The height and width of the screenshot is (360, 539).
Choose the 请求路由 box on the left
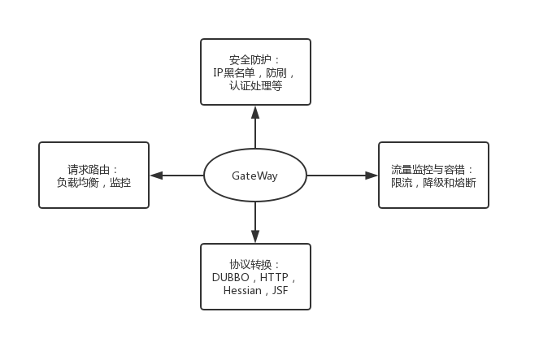(x=93, y=175)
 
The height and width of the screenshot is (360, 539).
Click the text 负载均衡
(x=76, y=184)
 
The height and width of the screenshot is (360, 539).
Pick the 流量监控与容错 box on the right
(x=433, y=175)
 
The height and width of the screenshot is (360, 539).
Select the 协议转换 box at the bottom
(x=256, y=276)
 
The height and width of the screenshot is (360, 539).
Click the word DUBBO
(x=230, y=277)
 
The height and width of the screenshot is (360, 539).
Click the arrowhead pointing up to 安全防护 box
(x=256, y=109)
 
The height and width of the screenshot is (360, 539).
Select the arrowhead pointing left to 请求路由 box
(x=154, y=176)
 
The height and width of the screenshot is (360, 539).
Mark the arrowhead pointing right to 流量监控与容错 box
(x=372, y=176)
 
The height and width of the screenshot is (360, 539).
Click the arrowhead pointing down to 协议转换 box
(x=256, y=239)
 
